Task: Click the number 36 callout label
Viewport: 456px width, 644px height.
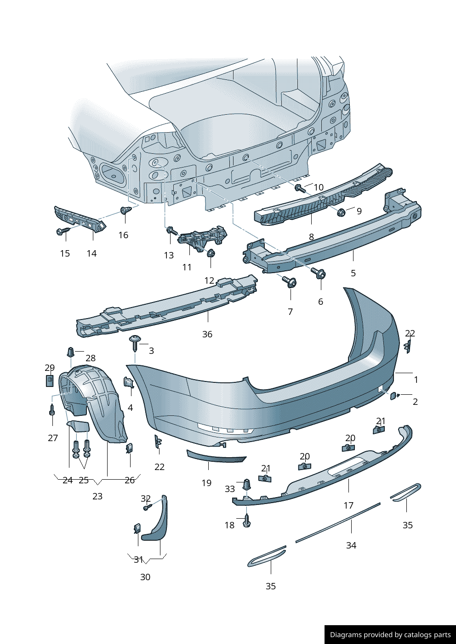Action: coord(207,334)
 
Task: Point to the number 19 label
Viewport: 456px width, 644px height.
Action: coord(206,483)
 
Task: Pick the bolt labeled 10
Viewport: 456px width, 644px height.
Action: coord(300,188)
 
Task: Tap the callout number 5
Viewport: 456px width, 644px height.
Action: coord(353,273)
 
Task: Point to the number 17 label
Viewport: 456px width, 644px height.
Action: coord(348,505)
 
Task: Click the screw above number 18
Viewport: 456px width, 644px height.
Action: coord(247,520)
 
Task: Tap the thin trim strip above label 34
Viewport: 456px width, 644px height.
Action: coord(338,523)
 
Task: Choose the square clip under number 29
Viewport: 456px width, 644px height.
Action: coord(50,381)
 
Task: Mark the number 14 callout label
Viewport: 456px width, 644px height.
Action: coord(91,253)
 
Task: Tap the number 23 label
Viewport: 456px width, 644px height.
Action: coord(97,496)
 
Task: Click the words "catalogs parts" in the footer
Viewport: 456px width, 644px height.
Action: coord(427,635)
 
